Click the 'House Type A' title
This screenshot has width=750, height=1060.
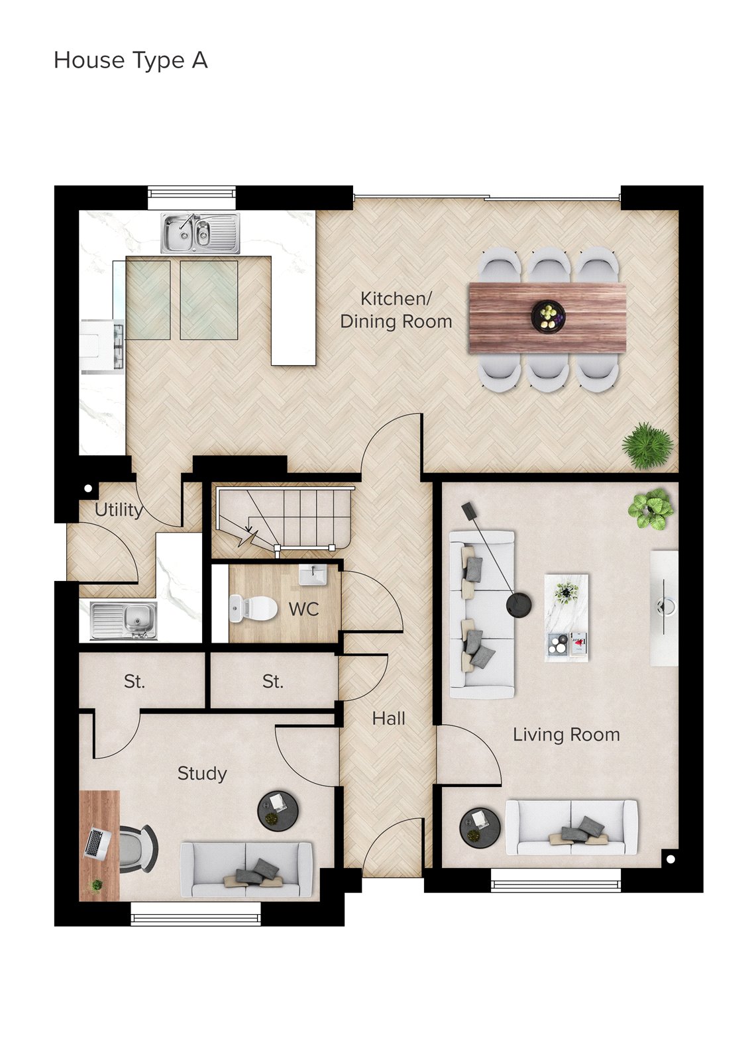pyautogui.click(x=131, y=60)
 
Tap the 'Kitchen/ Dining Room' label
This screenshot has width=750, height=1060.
pyautogui.click(x=396, y=310)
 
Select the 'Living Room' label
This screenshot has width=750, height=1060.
pyautogui.click(x=566, y=735)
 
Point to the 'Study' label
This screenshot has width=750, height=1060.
pyautogui.click(x=202, y=774)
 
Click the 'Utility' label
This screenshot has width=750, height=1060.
pyautogui.click(x=119, y=510)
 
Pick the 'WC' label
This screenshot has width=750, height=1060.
pyautogui.click(x=303, y=609)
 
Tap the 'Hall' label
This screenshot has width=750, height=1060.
pyautogui.click(x=389, y=719)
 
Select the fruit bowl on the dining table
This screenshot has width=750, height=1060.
pyautogui.click(x=548, y=316)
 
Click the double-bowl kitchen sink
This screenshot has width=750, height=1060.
pyautogui.click(x=199, y=233)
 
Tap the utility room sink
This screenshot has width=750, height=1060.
pyautogui.click(x=124, y=621)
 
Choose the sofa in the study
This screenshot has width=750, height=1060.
pyautogui.click(x=246, y=869)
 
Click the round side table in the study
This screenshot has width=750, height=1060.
pyautogui.click(x=278, y=811)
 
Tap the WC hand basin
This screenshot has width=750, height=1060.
pyautogui.click(x=313, y=575)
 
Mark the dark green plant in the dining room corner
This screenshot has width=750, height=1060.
pyautogui.click(x=648, y=445)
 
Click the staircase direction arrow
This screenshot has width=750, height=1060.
pyautogui.click(x=249, y=530)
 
